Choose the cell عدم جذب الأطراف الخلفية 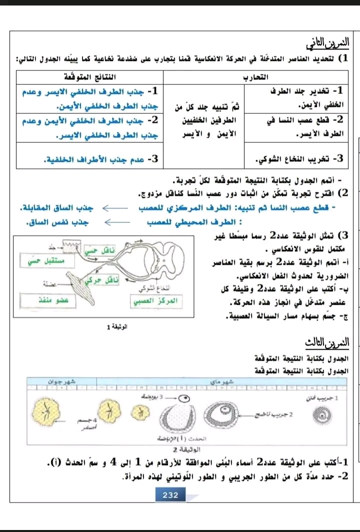[x=100, y=159]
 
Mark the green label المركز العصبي [x=155, y=301]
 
